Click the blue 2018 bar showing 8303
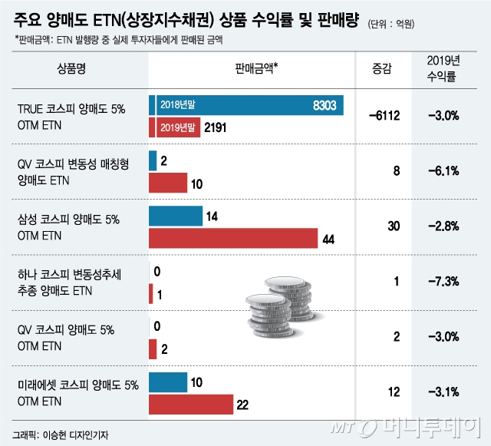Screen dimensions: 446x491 pyautogui.click(x=245, y=106)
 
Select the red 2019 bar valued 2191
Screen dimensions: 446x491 pyautogui.click(x=174, y=127)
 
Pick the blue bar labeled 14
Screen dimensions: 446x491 pyautogui.click(x=175, y=216)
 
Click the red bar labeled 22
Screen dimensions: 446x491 pyautogui.click(x=190, y=405)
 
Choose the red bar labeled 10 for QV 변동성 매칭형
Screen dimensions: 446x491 pyautogui.click(x=167, y=183)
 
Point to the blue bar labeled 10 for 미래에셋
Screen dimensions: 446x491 pyautogui.click(x=167, y=382)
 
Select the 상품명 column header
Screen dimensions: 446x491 pyautogui.click(x=71, y=69)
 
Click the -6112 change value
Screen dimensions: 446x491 pyautogui.click(x=384, y=116)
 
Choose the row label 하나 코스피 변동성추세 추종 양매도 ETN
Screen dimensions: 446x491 pyautogui.click(x=72, y=282)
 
